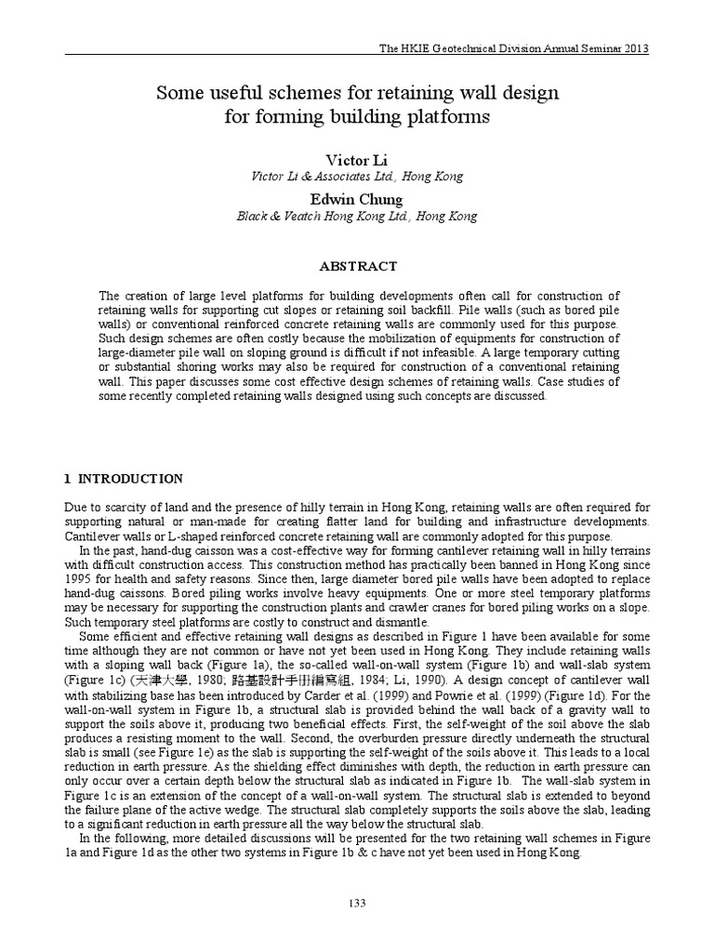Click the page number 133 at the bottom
click(357, 903)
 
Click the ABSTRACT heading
click(357, 266)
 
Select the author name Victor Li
click(357, 161)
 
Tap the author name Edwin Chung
click(357, 199)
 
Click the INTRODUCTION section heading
click(130, 479)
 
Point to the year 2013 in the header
click(635, 48)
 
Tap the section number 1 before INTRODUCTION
click(68, 479)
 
